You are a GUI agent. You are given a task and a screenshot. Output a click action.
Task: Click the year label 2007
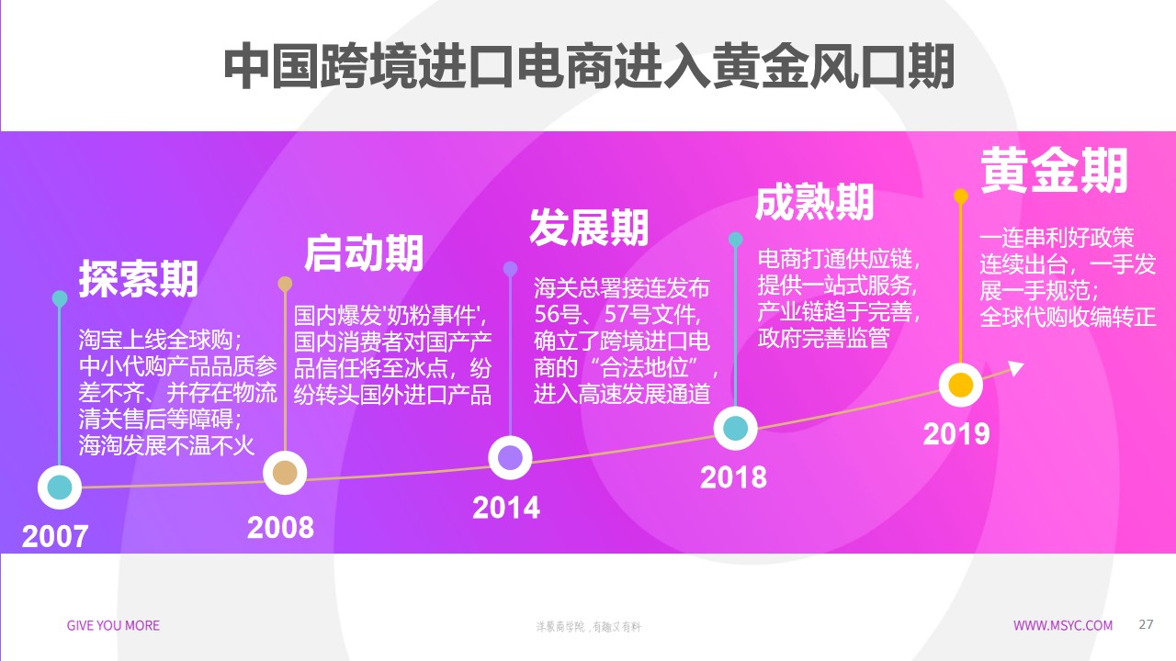click(x=55, y=536)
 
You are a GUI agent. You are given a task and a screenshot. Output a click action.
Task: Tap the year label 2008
click(x=280, y=527)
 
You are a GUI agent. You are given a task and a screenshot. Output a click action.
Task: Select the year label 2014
click(x=506, y=508)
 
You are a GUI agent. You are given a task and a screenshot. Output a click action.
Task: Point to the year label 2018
click(x=733, y=477)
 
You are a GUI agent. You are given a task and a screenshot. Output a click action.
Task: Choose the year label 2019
click(x=956, y=433)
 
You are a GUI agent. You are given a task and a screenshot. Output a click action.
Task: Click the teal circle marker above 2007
click(x=60, y=487)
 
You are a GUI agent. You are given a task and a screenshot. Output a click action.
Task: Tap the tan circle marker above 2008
click(x=286, y=472)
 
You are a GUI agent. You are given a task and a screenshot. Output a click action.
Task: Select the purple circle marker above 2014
click(x=510, y=457)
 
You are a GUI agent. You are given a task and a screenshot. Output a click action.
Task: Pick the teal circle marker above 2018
click(x=735, y=428)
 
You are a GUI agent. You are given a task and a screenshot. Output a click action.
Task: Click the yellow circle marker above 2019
click(x=960, y=385)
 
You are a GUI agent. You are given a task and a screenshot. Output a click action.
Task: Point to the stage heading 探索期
click(x=138, y=279)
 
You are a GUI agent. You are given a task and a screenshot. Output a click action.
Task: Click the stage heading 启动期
click(x=364, y=253)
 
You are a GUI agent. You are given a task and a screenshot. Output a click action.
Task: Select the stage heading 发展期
click(x=589, y=228)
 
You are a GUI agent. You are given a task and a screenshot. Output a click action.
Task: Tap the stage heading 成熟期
click(x=814, y=202)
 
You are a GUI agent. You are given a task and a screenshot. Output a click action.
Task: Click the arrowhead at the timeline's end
click(x=1015, y=368)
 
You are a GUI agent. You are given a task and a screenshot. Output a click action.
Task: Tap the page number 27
click(x=1146, y=625)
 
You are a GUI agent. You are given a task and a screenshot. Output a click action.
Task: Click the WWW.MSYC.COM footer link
click(x=1063, y=626)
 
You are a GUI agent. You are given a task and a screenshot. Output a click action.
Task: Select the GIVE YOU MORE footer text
click(x=113, y=626)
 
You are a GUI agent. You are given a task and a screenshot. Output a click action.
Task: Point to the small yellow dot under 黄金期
click(x=961, y=196)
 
